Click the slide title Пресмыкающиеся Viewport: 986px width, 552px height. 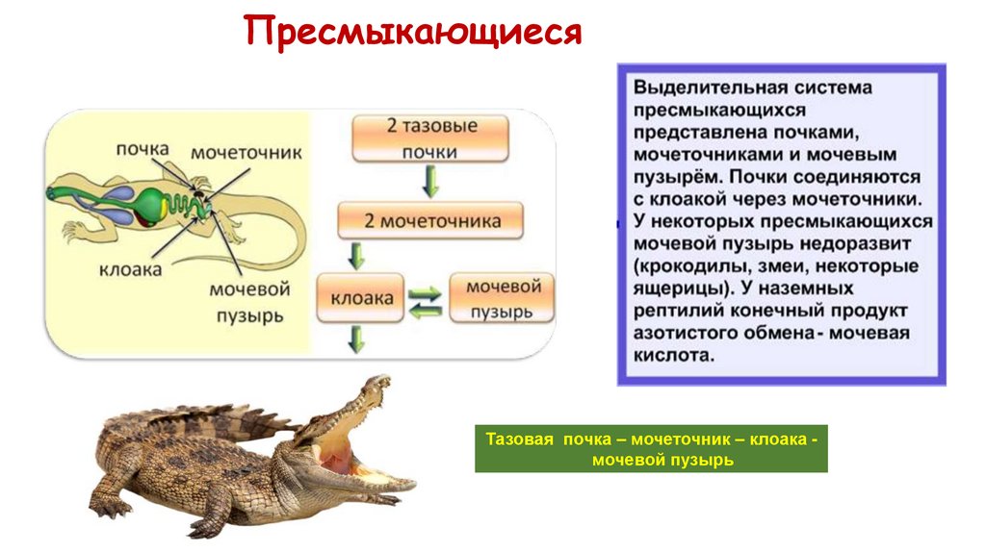tap(413, 31)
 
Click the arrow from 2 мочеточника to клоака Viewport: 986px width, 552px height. tap(357, 256)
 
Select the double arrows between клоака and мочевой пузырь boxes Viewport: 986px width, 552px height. tap(424, 299)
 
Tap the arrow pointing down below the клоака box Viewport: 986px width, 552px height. tap(357, 339)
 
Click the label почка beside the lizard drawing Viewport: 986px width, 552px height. tap(142, 149)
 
